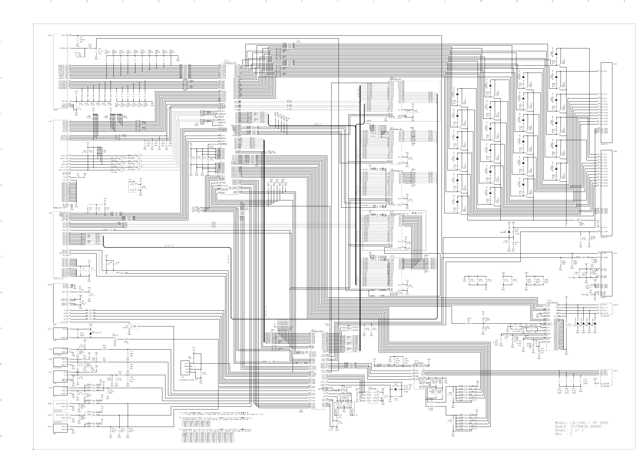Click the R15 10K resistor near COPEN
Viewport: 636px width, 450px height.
click(90, 48)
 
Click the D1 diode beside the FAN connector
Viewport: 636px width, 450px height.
click(90, 333)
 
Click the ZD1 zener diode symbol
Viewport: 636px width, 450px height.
click(397, 389)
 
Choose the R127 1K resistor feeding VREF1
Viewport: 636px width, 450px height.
click(469, 323)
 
